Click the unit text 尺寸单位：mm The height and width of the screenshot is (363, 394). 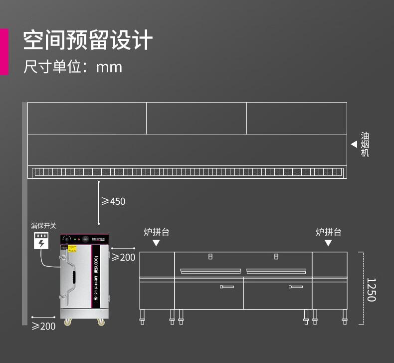click(73, 67)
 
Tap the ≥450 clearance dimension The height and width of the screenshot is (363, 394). click(114, 201)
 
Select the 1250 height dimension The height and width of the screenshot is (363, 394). click(371, 290)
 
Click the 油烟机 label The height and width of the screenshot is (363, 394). click(365, 144)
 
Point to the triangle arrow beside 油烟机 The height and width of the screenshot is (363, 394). click(354, 144)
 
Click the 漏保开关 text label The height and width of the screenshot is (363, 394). click(44, 226)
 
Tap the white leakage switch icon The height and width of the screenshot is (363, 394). click(42, 241)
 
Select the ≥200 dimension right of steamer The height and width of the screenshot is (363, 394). click(123, 257)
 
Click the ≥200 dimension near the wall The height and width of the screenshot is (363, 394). click(43, 326)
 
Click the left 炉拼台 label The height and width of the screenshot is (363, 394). click(156, 232)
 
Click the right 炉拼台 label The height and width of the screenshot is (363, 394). click(328, 232)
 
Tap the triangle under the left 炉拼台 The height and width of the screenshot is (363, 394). click(156, 243)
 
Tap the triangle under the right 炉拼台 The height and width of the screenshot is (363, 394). click(328, 243)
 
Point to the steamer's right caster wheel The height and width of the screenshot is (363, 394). click(101, 323)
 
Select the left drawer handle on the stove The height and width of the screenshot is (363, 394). click(227, 287)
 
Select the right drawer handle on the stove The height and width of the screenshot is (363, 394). click(296, 287)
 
